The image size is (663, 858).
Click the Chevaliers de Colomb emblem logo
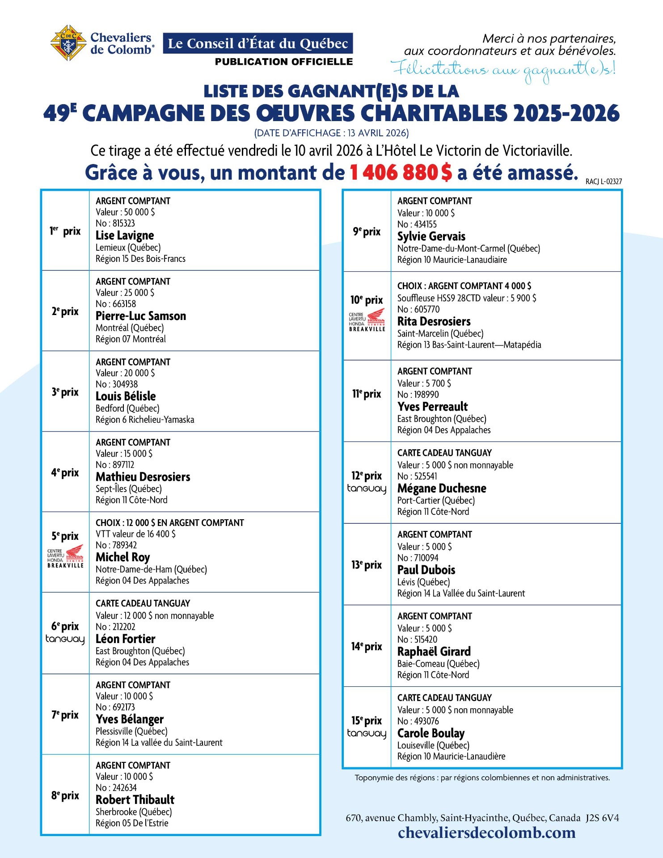pyautogui.click(x=68, y=43)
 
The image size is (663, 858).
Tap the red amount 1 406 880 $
pyautogui.click(x=401, y=172)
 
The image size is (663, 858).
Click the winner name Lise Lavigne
pyautogui.click(x=125, y=236)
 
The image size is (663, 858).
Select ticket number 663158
pyautogui.click(x=115, y=304)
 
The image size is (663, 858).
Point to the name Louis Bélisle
pyautogui.click(x=126, y=396)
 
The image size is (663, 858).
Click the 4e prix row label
pyautogui.click(x=65, y=472)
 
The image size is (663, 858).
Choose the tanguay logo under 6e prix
pyautogui.click(x=65, y=639)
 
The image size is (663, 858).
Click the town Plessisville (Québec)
pyautogui.click(x=131, y=732)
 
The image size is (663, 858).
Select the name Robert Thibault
pyautogui.click(x=135, y=800)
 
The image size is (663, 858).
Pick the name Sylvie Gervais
pyautogui.click(x=431, y=236)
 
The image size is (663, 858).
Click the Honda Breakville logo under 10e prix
pyautogui.click(x=367, y=320)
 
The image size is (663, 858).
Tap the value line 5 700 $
pyautogui.click(x=424, y=383)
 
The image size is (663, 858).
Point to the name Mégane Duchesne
pyautogui.click(x=442, y=488)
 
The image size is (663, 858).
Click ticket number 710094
pyautogui.click(x=418, y=558)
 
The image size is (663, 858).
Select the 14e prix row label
pyautogui.click(x=367, y=647)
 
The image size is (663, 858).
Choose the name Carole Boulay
pyautogui.click(x=431, y=733)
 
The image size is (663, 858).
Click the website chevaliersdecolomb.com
pyautogui.click(x=486, y=833)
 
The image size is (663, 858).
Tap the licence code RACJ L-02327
pyautogui.click(x=604, y=181)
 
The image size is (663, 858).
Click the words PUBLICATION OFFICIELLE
pyautogui.click(x=284, y=62)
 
